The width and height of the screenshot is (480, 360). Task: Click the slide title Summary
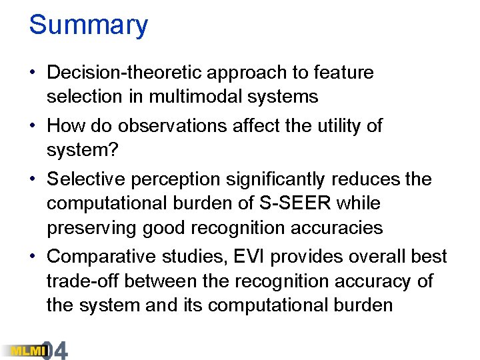pyautogui.click(x=88, y=25)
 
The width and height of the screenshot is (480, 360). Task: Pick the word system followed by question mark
pyautogui.click(x=82, y=150)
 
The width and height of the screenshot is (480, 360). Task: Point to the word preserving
pyautogui.click(x=92, y=228)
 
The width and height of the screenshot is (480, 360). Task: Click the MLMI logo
pyautogui.click(x=22, y=349)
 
